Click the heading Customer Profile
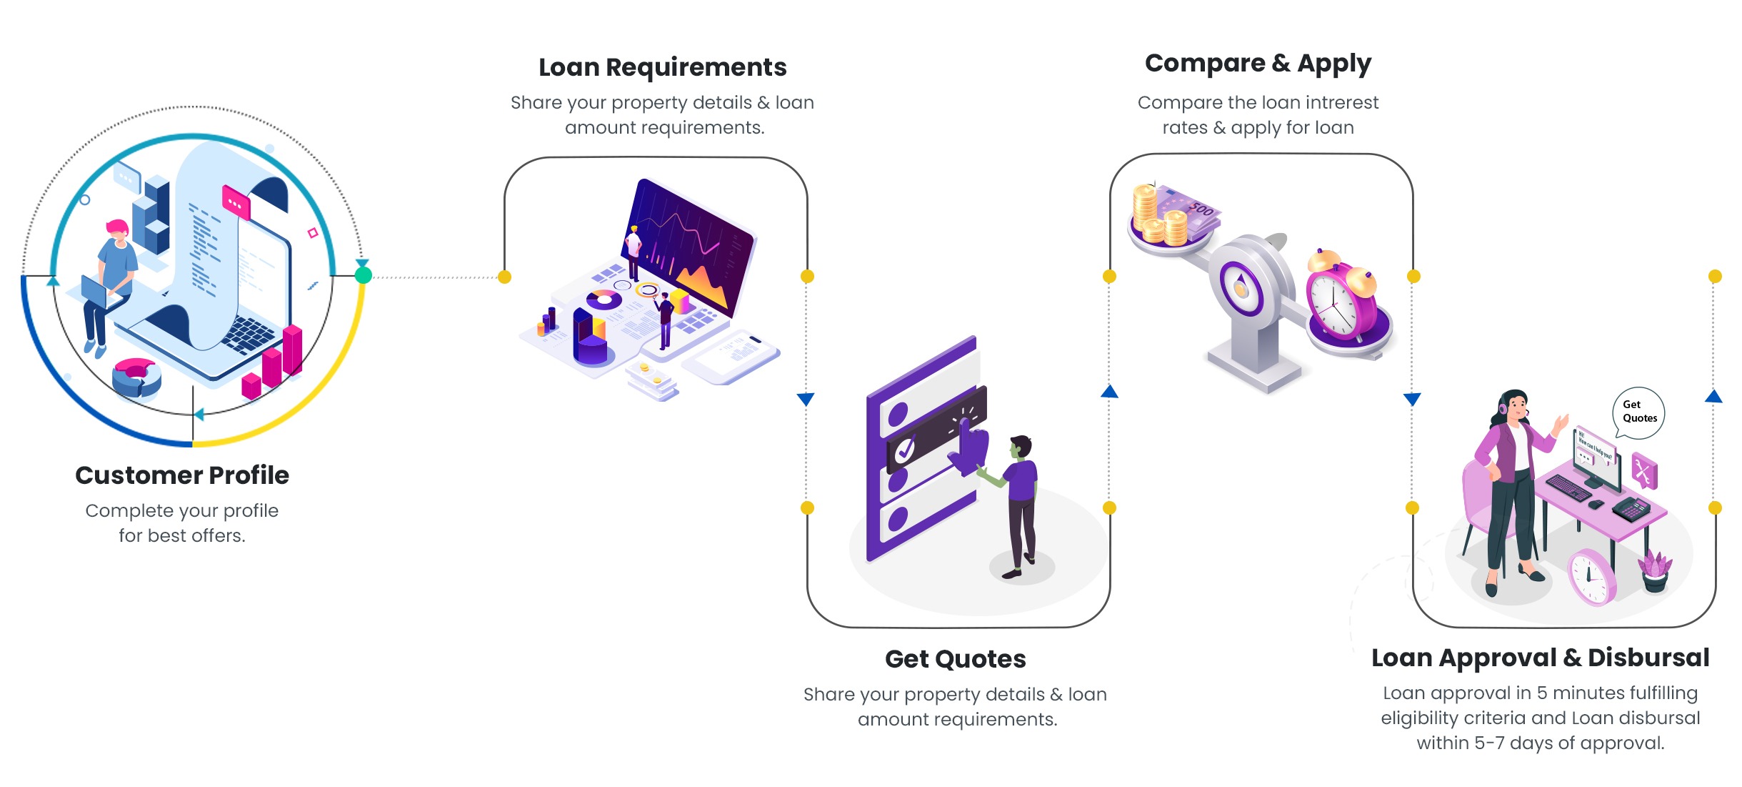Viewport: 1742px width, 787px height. click(x=182, y=475)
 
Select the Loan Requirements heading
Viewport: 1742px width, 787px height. click(x=662, y=67)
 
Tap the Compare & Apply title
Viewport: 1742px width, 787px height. click(x=1258, y=64)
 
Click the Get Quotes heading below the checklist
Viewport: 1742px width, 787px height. click(x=955, y=659)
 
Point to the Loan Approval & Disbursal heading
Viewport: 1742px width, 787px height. click(x=1540, y=658)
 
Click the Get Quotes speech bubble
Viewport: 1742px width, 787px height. click(x=1638, y=412)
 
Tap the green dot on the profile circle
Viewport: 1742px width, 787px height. click(x=364, y=275)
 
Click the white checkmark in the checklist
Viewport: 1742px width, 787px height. click(x=905, y=450)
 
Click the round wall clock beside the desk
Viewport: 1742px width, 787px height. click(x=1591, y=578)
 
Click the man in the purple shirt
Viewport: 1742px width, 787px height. click(x=1020, y=500)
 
